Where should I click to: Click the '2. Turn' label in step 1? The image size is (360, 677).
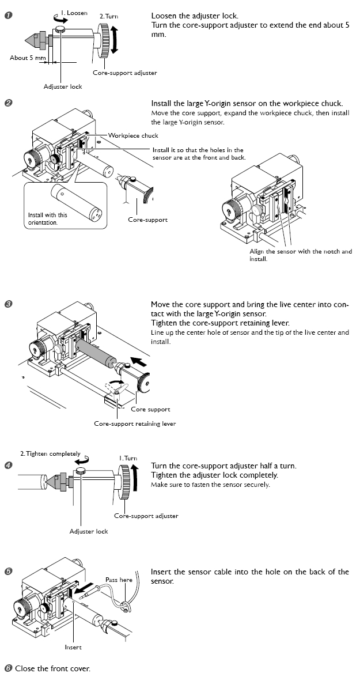point(108,16)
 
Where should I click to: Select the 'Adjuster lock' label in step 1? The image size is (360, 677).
point(63,86)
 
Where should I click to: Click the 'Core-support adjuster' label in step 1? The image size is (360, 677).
point(124,73)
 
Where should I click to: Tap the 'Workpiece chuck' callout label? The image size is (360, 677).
point(133,135)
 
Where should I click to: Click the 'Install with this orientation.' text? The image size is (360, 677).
point(48,218)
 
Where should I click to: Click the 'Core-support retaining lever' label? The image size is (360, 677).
point(135,423)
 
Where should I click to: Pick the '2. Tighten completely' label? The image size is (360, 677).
point(50,453)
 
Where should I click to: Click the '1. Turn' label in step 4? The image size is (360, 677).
point(128,458)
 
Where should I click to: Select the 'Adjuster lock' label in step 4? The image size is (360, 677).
point(89,531)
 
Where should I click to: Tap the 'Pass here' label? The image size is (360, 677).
point(119,580)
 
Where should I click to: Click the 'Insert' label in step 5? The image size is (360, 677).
point(73,647)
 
